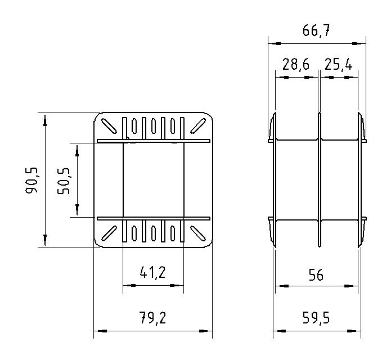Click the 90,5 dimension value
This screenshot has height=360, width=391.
[32, 180]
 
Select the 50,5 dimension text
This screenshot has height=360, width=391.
[64, 181]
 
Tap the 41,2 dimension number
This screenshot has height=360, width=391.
[152, 272]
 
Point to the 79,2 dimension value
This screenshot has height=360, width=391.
[152, 318]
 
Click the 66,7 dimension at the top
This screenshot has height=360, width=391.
[316, 31]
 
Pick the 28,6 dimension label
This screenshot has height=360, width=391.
[296, 64]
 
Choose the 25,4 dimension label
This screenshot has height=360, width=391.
[338, 64]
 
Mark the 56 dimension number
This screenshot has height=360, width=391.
[316, 274]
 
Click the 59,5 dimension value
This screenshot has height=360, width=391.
[316, 318]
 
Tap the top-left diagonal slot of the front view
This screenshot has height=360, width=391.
[109, 126]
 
